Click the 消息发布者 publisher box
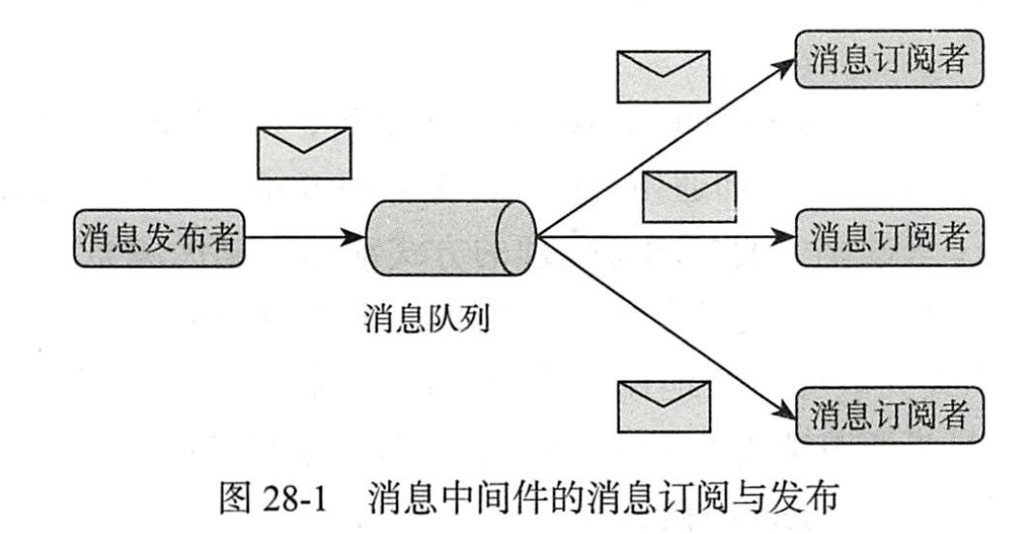pyautogui.click(x=159, y=235)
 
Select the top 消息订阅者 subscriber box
pyautogui.click(x=886, y=59)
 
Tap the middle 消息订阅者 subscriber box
pyautogui.click(x=886, y=235)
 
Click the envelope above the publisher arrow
pyautogui.click(x=305, y=152)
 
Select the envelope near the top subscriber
pyautogui.click(x=663, y=74)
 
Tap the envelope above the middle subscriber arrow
pyautogui.click(x=688, y=196)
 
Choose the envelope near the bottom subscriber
pyautogui.click(x=663, y=405)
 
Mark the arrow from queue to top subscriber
pyautogui.click(x=665, y=145)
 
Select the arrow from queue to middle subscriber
pyautogui.click(x=665, y=235)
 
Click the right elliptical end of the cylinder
pyautogui.click(x=518, y=235)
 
